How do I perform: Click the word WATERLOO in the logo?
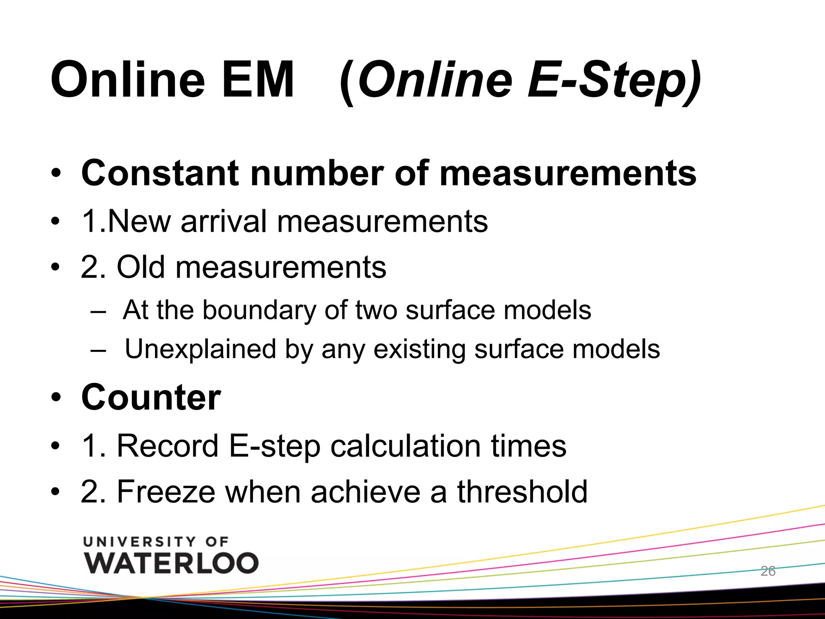click(x=171, y=563)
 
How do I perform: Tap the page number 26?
click(x=768, y=571)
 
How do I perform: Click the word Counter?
click(x=151, y=397)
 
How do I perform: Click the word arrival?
click(x=224, y=221)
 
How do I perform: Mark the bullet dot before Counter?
click(x=56, y=398)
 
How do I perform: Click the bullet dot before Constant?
click(x=56, y=174)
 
